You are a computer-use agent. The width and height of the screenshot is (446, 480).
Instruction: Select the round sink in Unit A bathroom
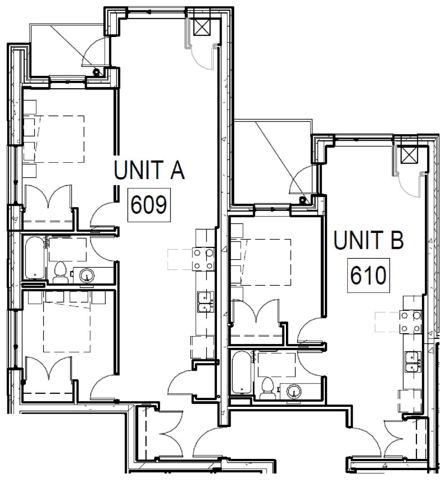(87, 275)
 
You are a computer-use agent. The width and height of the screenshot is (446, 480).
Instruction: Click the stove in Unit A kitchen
(203, 259)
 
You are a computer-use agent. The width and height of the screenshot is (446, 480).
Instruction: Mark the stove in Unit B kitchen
(410, 322)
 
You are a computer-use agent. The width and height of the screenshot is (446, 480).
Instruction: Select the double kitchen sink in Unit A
(204, 301)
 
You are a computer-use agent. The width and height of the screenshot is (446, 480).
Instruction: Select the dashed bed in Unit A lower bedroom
(66, 327)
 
